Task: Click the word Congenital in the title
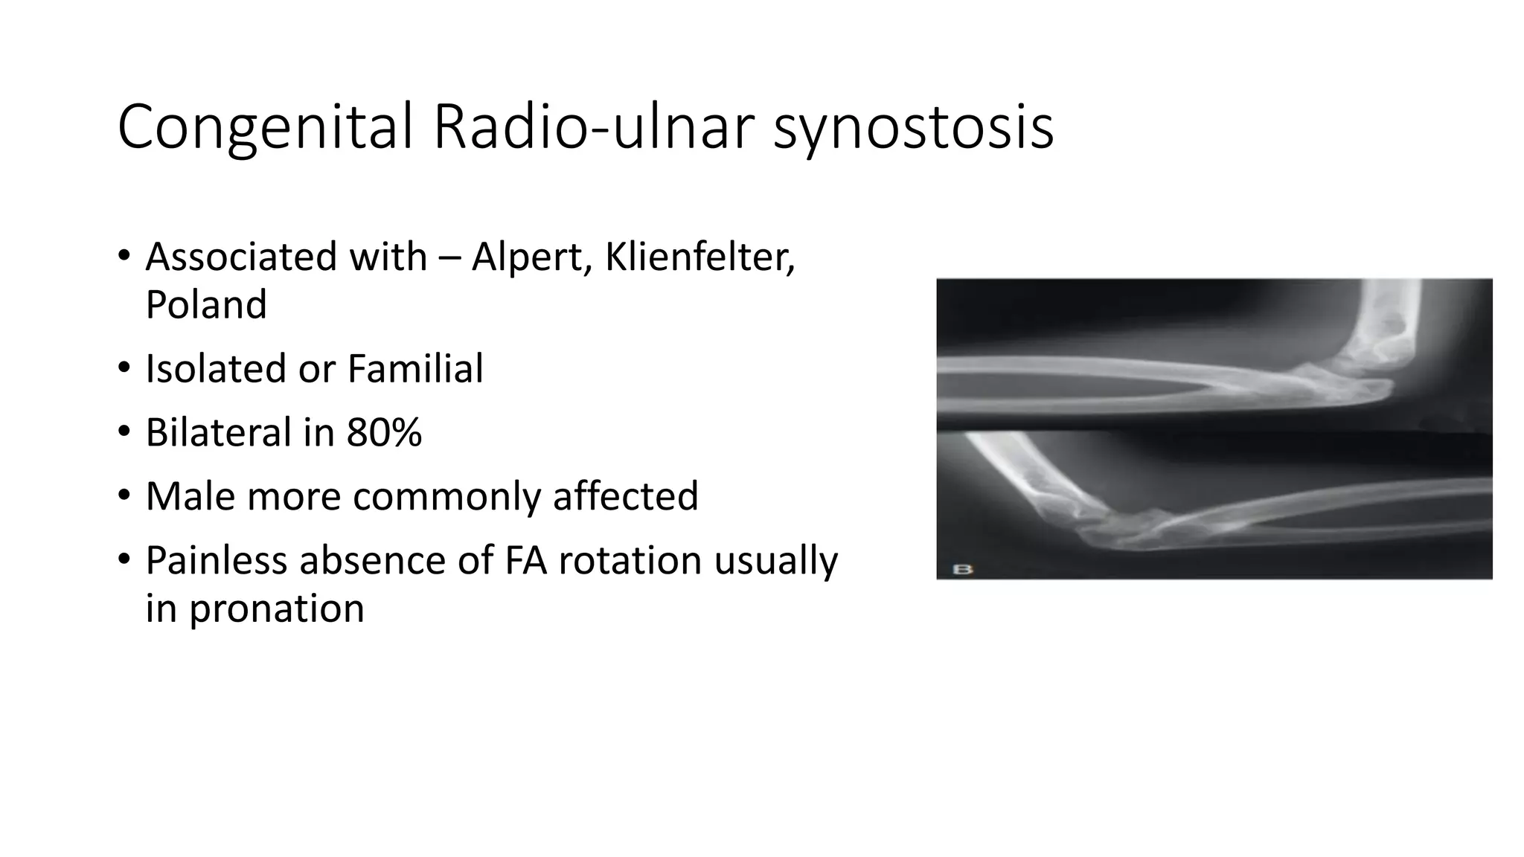click(x=264, y=128)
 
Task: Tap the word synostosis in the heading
click(x=913, y=128)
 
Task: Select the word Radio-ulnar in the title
click(x=593, y=128)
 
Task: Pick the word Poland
click(x=206, y=305)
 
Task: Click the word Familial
click(x=414, y=369)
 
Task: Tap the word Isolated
click(x=217, y=369)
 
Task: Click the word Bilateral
click(x=217, y=433)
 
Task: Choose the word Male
click(x=190, y=496)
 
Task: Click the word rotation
click(x=630, y=560)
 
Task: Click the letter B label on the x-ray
click(x=963, y=569)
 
